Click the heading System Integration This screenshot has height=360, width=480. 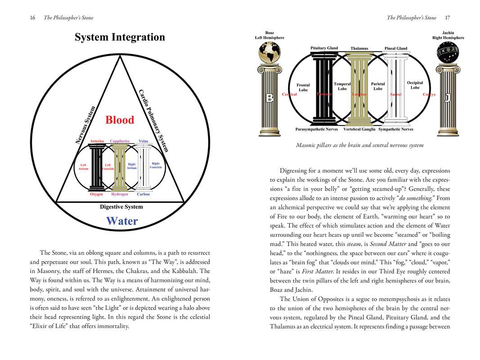[120, 37]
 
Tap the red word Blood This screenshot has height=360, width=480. [120, 120]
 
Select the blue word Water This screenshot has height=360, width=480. [122, 221]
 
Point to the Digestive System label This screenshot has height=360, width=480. [121, 207]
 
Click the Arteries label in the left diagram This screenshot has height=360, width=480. [97, 141]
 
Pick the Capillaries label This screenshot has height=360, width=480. [119, 141]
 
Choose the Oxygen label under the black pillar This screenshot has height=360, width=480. [96, 194]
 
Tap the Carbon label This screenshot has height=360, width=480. [143, 194]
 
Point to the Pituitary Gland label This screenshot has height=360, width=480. [324, 48]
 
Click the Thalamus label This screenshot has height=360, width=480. [359, 49]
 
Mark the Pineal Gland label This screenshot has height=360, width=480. [396, 49]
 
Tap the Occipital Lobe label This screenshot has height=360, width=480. [415, 85]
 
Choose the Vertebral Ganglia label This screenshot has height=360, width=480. [359, 130]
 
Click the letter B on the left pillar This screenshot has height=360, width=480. [270, 99]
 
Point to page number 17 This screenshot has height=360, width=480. [447, 18]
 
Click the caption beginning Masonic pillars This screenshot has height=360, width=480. [359, 145]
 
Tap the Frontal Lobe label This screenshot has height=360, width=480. [303, 87]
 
